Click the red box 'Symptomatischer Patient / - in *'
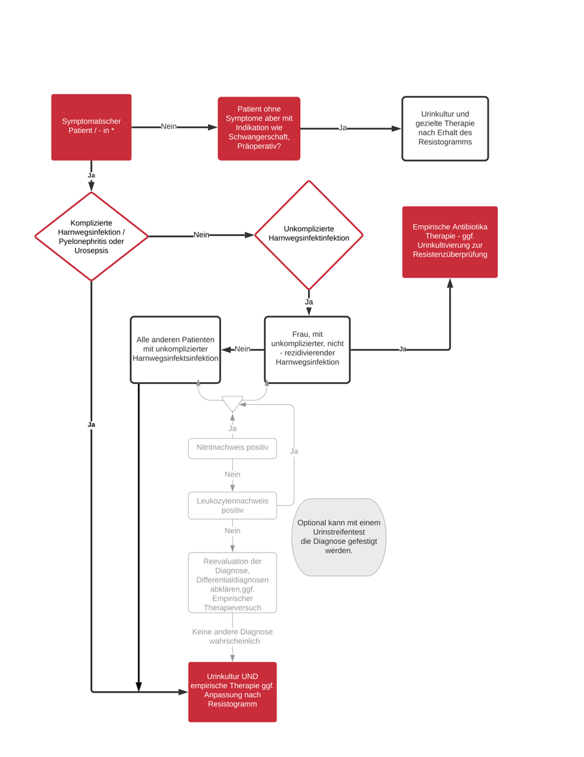pos(91,127)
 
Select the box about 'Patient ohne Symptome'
pos(259,129)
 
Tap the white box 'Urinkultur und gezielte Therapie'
pos(445,129)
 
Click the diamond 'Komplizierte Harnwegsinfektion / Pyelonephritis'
pos(91,236)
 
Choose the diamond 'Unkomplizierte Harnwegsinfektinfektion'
pos(309,235)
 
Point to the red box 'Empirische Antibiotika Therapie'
pos(450,242)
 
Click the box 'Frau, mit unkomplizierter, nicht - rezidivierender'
pos(307,350)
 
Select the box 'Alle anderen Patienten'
pos(175,350)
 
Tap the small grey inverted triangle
pos(233,403)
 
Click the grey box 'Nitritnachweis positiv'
pos(233,449)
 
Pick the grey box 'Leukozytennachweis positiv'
pos(233,505)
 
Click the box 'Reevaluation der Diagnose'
pos(233,582)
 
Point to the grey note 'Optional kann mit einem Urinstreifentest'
pos(338,537)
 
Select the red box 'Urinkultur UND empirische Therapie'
pos(233,692)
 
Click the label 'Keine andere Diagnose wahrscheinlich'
pos(233,636)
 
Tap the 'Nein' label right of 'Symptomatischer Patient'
pos(169,126)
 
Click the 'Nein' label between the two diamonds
pos(202,235)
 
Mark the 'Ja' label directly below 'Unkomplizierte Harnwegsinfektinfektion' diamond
pos(309,302)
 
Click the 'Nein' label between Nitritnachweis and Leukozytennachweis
pos(233,474)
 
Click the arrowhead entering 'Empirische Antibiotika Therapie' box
pos(450,283)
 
